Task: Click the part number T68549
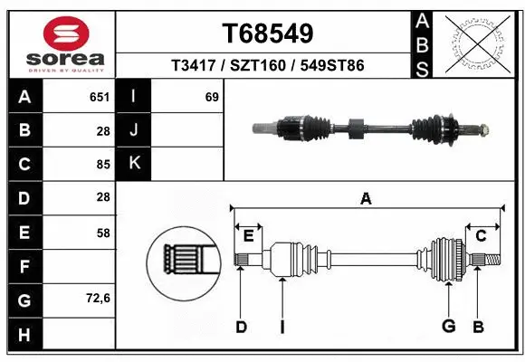268,33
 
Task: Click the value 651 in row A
100,97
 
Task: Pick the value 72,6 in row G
98,298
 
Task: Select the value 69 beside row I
212,97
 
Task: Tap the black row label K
134,164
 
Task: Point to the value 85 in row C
103,164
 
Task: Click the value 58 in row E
103,232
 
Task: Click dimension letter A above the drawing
366,198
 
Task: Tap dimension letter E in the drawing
248,236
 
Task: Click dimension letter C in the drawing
482,235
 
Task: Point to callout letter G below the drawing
447,327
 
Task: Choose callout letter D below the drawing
241,327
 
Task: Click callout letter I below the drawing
282,327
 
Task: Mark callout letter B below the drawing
479,327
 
